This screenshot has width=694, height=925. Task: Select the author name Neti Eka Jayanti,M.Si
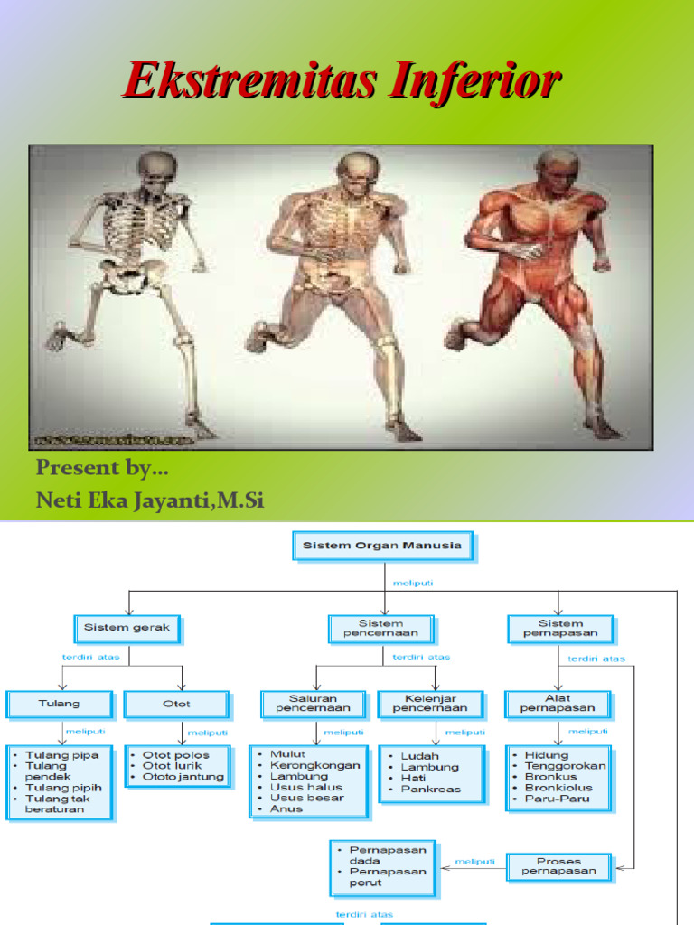[150, 500]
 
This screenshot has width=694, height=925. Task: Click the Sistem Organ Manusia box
[382, 546]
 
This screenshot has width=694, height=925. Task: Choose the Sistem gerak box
[127, 628]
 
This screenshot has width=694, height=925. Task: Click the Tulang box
[60, 704]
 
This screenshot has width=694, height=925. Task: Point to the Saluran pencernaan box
[313, 705]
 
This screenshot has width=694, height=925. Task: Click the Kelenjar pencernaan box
[430, 705]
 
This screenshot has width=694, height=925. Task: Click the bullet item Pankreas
[430, 789]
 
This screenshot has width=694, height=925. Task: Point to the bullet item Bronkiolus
[558, 788]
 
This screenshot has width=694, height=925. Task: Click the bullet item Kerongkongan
[314, 765]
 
